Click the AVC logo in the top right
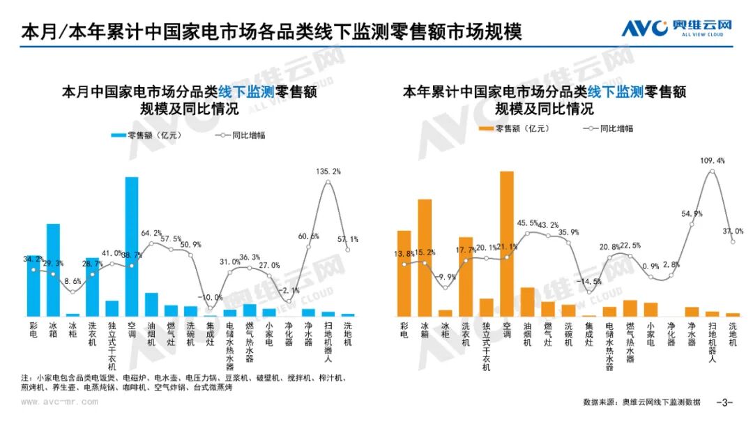tap(676, 29)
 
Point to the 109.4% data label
tap(712, 160)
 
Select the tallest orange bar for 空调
tap(507, 243)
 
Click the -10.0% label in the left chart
tap(211, 297)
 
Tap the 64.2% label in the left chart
tap(151, 233)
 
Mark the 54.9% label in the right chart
tap(692, 213)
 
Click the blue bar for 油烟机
tap(151, 304)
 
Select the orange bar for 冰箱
tap(425, 257)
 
